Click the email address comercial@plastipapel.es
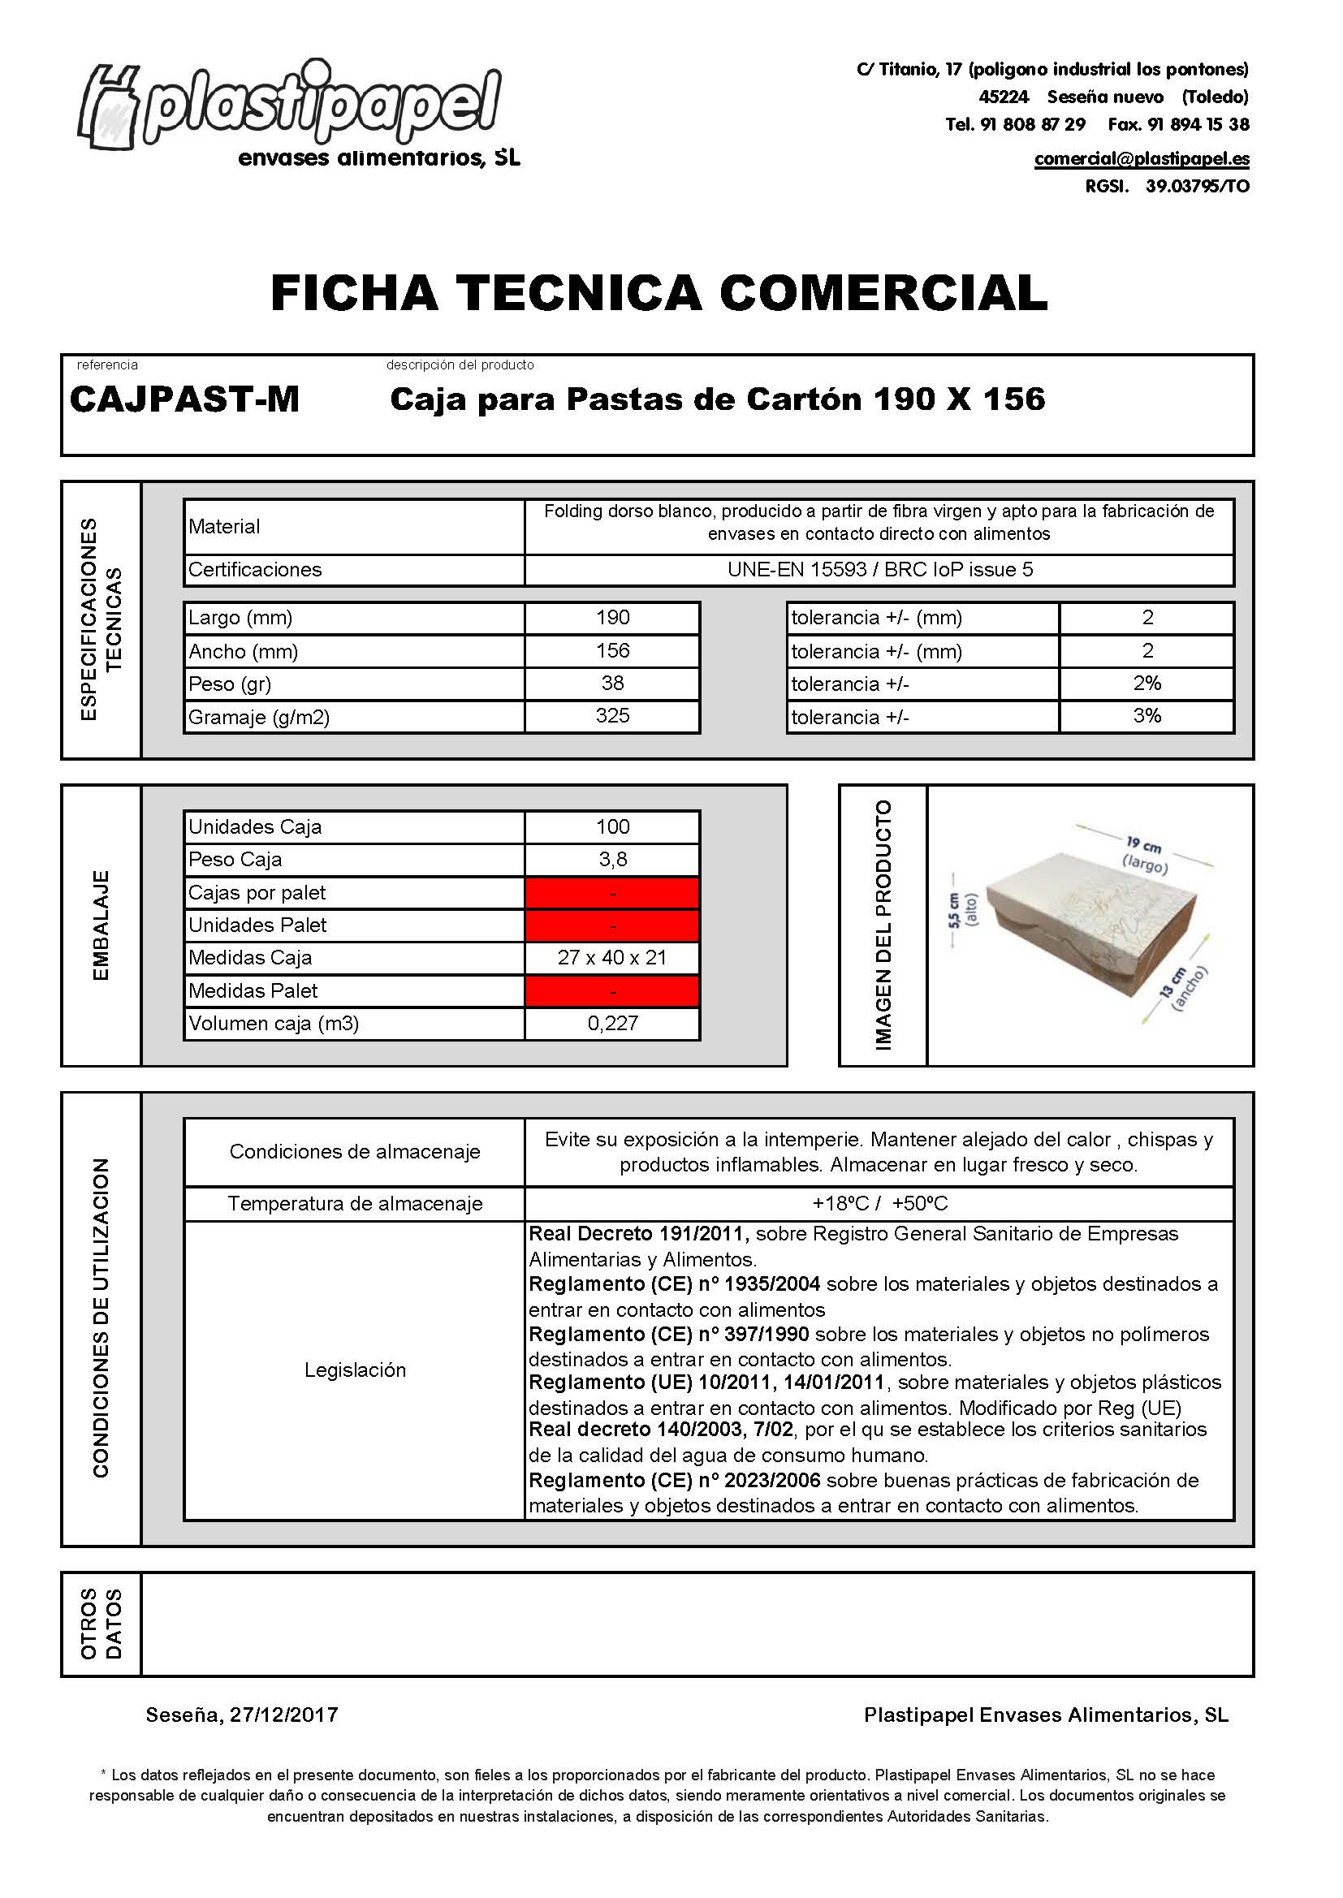click(1141, 159)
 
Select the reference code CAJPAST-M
click(184, 400)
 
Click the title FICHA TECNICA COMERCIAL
click(659, 292)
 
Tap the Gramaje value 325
click(612, 716)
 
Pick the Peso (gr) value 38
click(612, 684)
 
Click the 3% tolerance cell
click(1147, 716)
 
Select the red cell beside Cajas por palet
click(612, 893)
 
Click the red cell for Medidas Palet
click(612, 990)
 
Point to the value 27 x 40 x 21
click(612, 958)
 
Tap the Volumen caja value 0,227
click(612, 1024)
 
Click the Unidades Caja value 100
click(612, 826)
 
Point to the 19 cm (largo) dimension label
click(1146, 856)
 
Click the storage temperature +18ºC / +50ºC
click(880, 1204)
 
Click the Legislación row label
click(355, 1370)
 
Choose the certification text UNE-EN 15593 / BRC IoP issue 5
click(880, 570)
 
